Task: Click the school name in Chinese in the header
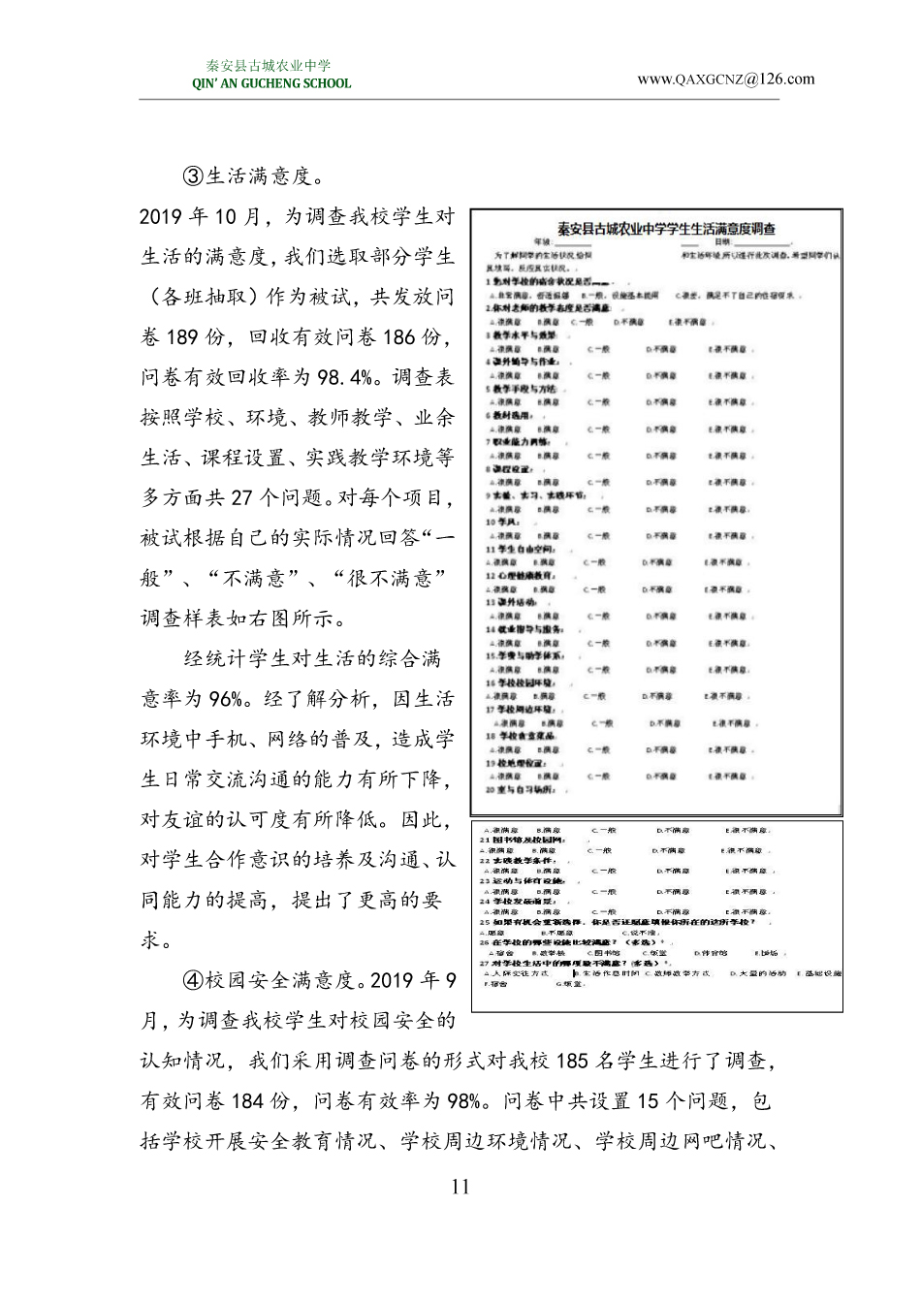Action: coord(269,66)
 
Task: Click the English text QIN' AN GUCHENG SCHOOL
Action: coord(271,83)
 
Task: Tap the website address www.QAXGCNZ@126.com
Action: coord(725,79)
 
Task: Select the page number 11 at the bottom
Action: coord(460,1187)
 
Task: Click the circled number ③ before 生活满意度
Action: coord(193,176)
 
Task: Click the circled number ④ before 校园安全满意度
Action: coord(193,980)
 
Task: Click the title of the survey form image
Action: coord(666,230)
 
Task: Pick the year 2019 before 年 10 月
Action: coord(161,217)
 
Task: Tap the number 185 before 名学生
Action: coord(572,1061)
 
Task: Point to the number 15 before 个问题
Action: coord(650,1101)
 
